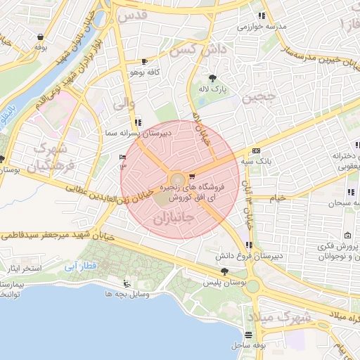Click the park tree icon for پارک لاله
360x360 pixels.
(213, 78)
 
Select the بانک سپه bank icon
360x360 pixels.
(256, 150)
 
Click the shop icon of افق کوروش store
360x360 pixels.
(192, 176)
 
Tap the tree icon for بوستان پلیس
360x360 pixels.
(224, 271)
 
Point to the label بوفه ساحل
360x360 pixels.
(247, 346)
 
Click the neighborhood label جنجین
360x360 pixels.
(256, 98)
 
